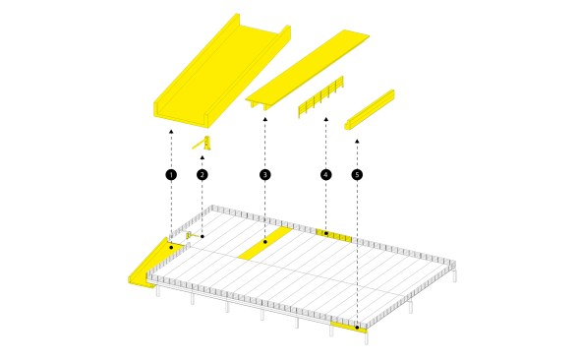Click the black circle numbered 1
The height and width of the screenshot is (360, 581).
pos(171,175)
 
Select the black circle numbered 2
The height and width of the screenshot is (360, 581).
pos(202,175)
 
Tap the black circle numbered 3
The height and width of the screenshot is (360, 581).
pos(264,175)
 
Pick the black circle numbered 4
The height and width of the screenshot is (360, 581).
pos(326,175)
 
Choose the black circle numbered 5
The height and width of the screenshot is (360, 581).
pos(357,175)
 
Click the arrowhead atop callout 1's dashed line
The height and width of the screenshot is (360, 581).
pos(171,131)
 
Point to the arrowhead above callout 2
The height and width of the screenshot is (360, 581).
pos(202,157)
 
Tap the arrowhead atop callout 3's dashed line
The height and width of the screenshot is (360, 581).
pos(264,119)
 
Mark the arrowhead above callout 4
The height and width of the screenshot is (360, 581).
pos(326,119)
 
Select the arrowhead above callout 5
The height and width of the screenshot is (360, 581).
pos(357,141)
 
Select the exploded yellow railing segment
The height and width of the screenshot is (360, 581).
pos(320,97)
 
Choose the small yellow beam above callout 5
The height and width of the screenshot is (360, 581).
pos(370,110)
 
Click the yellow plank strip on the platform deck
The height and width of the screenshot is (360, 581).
pos(265,243)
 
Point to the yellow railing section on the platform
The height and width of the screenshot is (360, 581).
pos(334,235)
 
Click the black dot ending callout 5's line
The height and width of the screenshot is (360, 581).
pos(357,328)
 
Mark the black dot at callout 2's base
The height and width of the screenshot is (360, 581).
pos(203,236)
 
